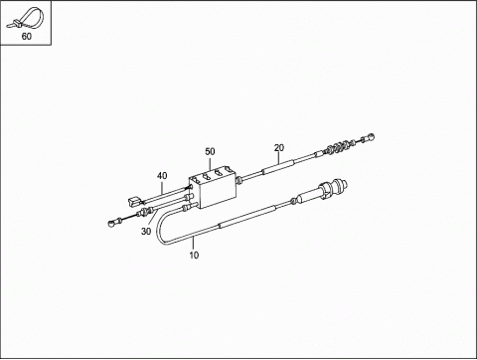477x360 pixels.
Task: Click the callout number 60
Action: pos(27,36)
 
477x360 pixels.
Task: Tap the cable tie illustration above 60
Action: pos(28,18)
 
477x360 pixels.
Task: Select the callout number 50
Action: pos(210,151)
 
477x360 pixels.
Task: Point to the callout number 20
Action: pos(279,147)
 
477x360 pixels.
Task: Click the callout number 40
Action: pos(162,176)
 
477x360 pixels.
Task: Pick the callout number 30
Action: pos(146,232)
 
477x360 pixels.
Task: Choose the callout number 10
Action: pos(194,255)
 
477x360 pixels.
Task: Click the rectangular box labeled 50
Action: pos(214,188)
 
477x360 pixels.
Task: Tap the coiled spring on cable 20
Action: pos(337,147)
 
